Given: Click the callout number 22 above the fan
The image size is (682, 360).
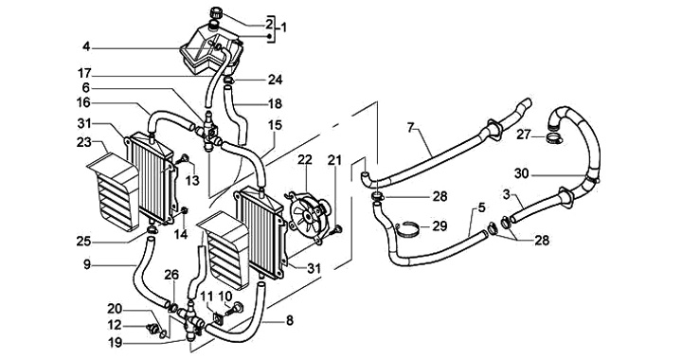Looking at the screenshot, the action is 305,159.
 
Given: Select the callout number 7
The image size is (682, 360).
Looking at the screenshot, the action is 410,127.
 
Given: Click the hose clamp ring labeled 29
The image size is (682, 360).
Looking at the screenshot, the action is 407,228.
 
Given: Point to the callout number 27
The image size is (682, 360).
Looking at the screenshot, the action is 524,135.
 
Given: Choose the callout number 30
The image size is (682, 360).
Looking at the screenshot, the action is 522,174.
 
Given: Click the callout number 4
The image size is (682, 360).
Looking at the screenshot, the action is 86,46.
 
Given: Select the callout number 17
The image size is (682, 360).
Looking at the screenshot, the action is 85,73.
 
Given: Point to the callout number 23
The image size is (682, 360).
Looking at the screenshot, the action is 84,142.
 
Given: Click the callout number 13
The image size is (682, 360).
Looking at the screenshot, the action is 192,179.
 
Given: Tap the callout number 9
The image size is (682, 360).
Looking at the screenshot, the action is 87,264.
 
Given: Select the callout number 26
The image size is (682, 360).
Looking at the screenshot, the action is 171,275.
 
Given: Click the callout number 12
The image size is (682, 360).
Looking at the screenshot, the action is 115,325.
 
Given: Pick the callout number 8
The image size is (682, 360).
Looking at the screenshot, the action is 289,321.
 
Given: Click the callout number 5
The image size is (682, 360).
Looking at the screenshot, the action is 481,207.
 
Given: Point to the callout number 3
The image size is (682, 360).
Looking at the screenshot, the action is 506,195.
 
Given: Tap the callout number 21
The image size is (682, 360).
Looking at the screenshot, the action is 334,160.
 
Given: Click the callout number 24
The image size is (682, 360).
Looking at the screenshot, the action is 275,80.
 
